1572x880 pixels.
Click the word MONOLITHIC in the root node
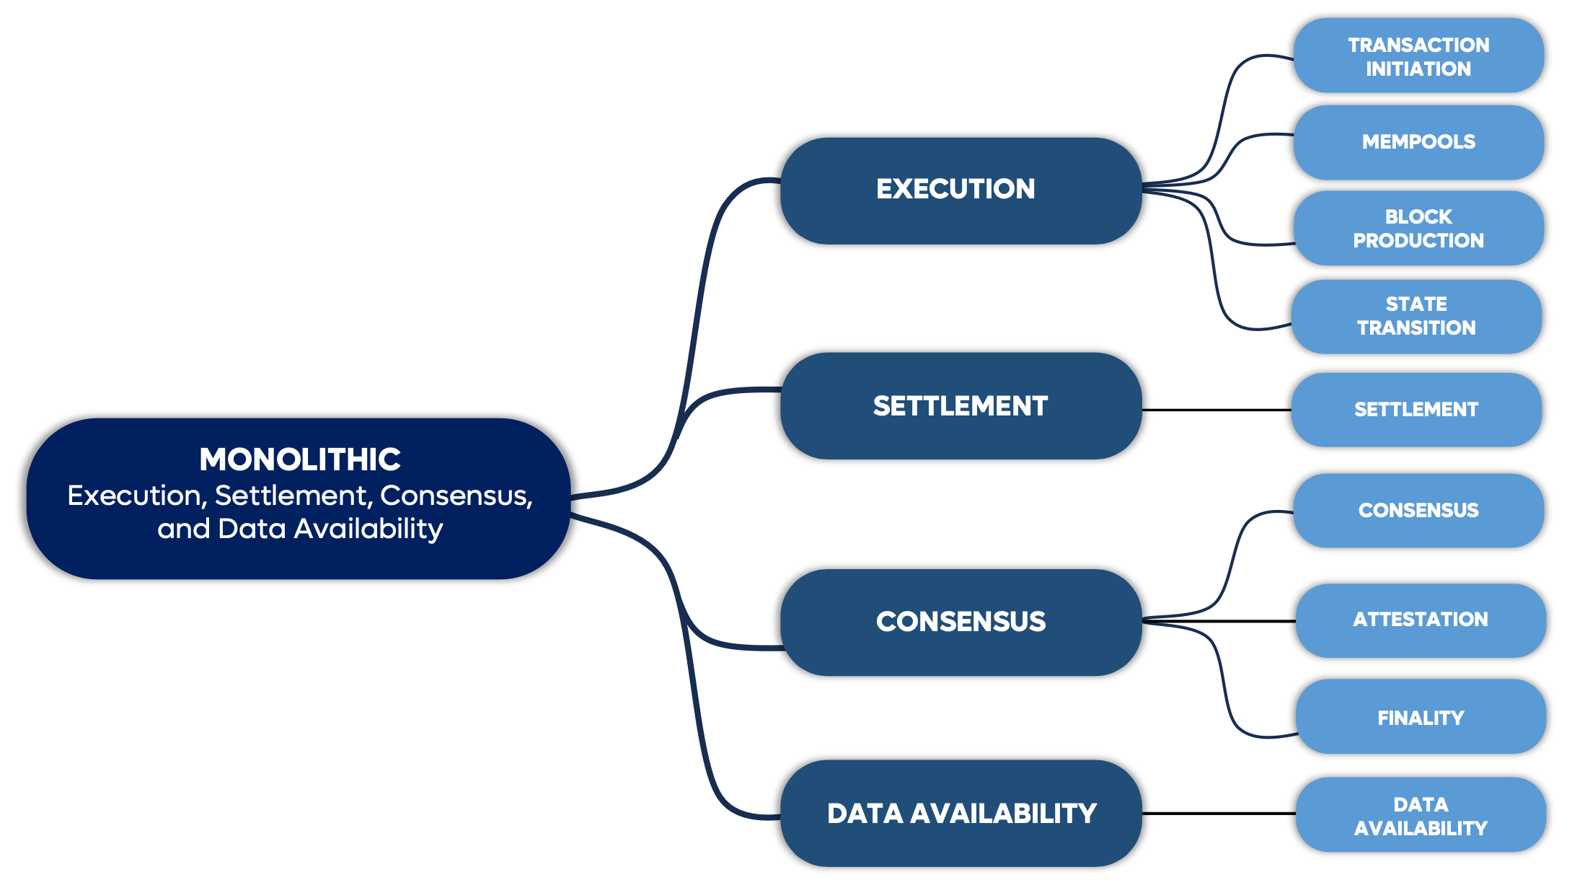[x=299, y=459]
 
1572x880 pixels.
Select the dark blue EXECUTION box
[x=961, y=190]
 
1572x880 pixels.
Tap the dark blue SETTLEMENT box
[x=961, y=405]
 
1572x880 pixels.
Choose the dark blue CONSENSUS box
[x=961, y=622]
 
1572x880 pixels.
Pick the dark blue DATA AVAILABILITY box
[x=961, y=813]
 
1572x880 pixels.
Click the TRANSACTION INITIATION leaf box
[x=1418, y=56]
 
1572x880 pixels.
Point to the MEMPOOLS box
[x=1418, y=142]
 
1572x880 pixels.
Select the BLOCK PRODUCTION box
[x=1418, y=228]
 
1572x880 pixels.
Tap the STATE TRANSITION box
[x=1416, y=316]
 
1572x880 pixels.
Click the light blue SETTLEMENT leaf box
[x=1416, y=410]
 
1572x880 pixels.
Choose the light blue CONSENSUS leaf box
[x=1418, y=510]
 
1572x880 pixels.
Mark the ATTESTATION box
[x=1420, y=620]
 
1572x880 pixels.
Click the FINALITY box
[x=1420, y=717]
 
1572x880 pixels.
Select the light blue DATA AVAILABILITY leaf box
[x=1420, y=815]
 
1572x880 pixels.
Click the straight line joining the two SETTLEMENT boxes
[x=1217, y=410]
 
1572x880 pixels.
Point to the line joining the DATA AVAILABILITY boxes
[x=1219, y=814]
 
